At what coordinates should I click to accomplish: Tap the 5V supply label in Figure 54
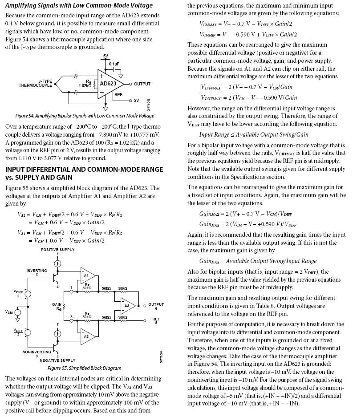pos(105,56)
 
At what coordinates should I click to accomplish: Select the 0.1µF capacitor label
pos(114,64)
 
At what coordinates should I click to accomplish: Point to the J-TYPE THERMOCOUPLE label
pos(36,83)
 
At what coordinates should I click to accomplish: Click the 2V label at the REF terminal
pos(136,100)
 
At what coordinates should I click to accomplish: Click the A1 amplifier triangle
pos(87,275)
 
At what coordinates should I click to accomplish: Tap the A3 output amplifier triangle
pos(127,306)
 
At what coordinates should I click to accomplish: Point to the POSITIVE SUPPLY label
pos(58,250)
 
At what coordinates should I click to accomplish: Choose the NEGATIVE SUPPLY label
pos(58,360)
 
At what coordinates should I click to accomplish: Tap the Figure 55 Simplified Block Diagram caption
pos(85,368)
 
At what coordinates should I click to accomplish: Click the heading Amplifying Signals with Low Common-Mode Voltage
pos(79,5)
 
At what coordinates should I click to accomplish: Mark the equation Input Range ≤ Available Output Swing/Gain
pos(254,134)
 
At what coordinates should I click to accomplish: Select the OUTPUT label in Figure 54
pos(142,84)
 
